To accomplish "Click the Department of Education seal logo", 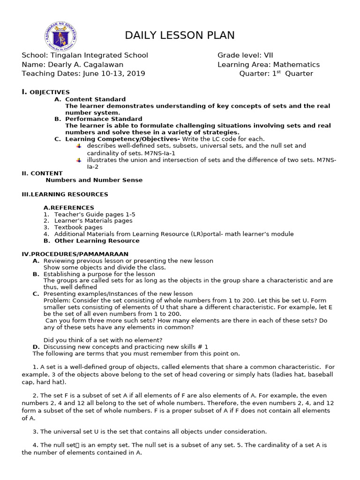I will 61,37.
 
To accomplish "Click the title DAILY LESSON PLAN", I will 180,36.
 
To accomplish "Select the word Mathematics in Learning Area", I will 296,65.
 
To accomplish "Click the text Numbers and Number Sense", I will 94,180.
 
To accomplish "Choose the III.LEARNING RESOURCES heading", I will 65,194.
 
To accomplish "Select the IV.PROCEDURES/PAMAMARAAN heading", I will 75,254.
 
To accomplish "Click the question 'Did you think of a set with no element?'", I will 103,340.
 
